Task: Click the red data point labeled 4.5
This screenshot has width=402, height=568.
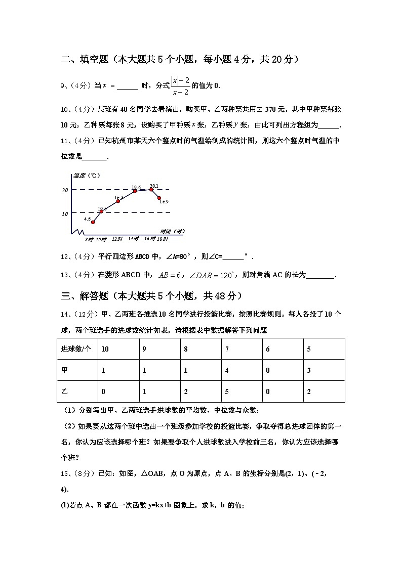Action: coord(93,222)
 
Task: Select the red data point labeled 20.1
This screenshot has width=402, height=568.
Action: coord(151,190)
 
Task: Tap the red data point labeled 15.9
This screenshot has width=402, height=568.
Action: coord(159,198)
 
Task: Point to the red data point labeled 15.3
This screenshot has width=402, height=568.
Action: coord(118,201)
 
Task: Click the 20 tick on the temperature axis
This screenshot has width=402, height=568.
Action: coord(65,190)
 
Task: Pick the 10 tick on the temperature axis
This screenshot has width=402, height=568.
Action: coord(65,214)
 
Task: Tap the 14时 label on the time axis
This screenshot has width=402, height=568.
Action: coord(133,238)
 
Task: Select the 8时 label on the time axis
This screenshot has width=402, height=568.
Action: coord(89,239)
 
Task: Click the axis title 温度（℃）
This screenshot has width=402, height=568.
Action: coord(87,176)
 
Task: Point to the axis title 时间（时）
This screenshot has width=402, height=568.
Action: coord(169,231)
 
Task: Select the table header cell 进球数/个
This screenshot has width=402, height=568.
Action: coord(76,349)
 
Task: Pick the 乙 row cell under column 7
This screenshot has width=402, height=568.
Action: coord(241,391)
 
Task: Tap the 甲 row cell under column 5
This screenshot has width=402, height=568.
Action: coord(324,370)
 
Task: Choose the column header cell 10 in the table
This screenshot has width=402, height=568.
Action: coord(118,349)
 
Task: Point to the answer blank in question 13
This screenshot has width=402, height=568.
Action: coord(320,275)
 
